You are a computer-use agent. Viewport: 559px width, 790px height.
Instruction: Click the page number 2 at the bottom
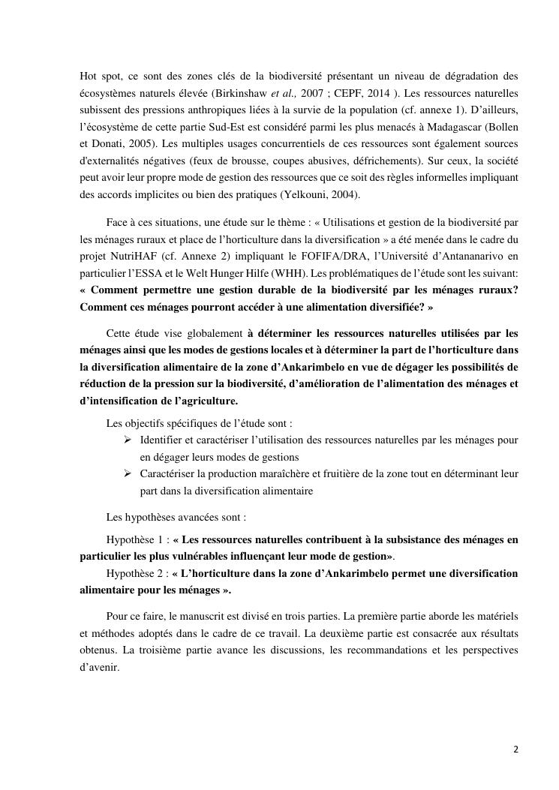tap(515, 749)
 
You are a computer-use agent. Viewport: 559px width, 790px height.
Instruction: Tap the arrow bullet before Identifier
tap(128, 439)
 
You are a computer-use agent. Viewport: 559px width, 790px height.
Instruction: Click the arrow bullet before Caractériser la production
tap(128, 473)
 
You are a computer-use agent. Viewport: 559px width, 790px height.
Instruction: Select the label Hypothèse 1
tap(134, 539)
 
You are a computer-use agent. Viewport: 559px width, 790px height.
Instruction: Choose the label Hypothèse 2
tap(134, 573)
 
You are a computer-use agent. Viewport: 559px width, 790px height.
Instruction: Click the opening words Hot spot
tap(98, 77)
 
